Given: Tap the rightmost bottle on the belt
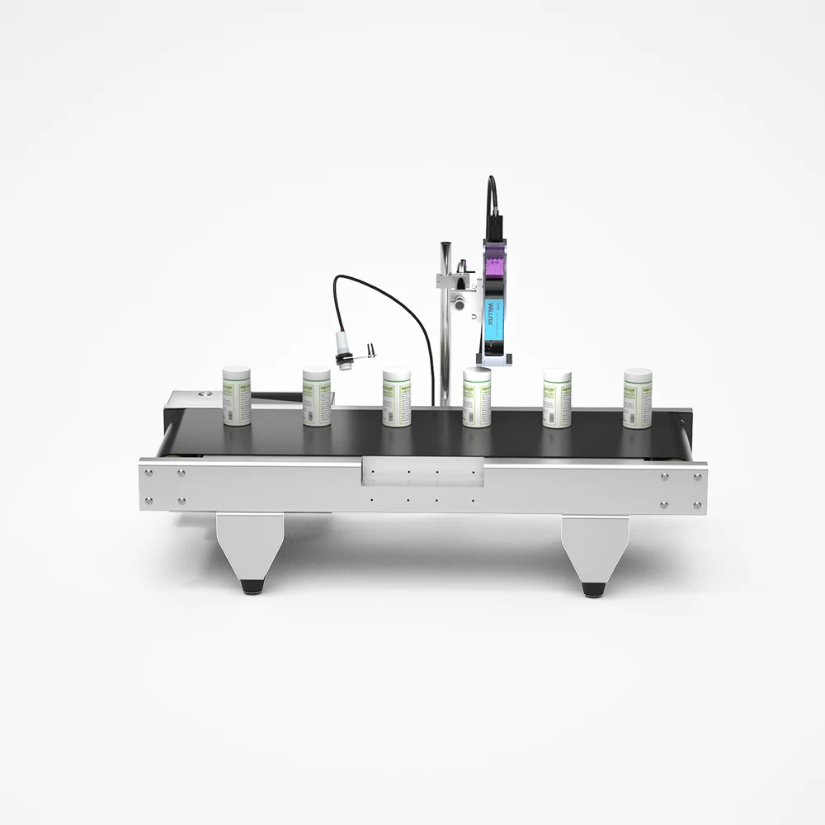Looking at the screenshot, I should pyautogui.click(x=638, y=399).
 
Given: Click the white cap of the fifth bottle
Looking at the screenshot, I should pyautogui.click(x=557, y=376).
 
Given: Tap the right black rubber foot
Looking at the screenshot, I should pyautogui.click(x=592, y=589).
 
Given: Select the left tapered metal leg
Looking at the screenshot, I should pyautogui.click(x=250, y=544).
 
